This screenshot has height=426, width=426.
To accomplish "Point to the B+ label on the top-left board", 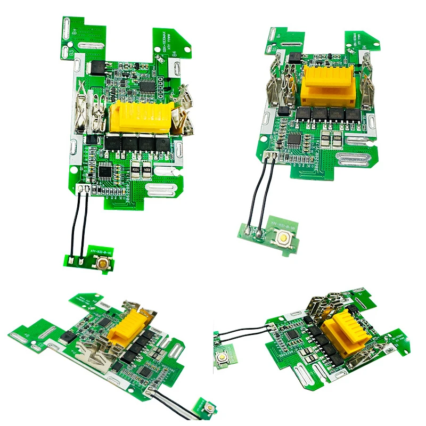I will (75, 31).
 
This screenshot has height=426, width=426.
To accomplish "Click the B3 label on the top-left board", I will (70, 52).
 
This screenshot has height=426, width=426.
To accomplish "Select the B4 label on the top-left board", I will (173, 53).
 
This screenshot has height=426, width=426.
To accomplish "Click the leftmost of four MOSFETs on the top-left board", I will (114, 143).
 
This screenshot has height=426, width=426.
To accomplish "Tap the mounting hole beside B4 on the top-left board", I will (175, 69).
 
